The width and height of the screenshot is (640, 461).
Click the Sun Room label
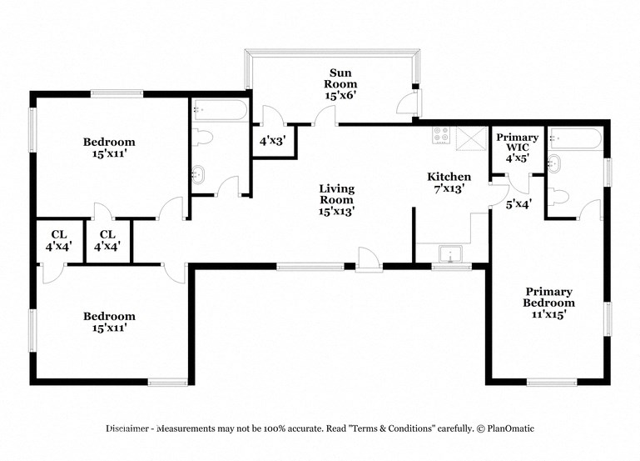tap(340, 84)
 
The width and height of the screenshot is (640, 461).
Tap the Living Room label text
tap(336, 200)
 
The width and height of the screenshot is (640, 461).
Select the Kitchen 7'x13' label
tap(449, 183)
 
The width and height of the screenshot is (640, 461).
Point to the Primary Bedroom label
tap(548, 303)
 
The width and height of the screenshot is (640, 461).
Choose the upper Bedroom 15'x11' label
tap(108, 148)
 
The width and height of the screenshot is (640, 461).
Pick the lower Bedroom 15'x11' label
tap(108, 322)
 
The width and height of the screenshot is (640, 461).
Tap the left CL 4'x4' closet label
tap(58, 241)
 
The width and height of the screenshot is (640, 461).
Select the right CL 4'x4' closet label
tap(107, 241)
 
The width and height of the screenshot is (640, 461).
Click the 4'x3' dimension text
tap(271, 142)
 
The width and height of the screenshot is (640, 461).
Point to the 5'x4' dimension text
tap(518, 203)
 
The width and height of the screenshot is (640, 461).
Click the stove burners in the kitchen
tap(441, 135)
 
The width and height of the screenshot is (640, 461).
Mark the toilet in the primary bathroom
tap(559, 197)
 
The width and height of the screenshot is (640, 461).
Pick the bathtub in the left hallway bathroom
tap(219, 111)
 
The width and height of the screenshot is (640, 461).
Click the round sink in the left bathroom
tap(199, 175)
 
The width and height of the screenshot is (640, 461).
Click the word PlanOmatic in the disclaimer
tap(506, 428)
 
